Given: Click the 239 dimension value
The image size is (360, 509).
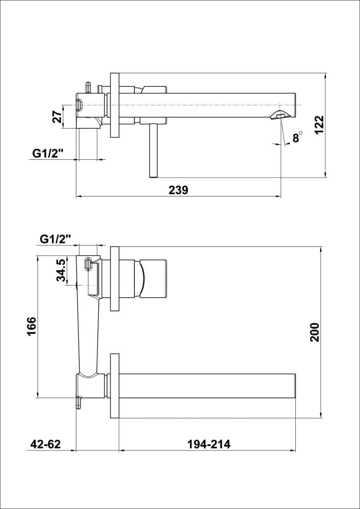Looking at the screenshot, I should coord(178,190).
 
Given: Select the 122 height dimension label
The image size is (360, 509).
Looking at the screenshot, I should coord(319,125).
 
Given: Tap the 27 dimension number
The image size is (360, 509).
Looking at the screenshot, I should coord(57,117).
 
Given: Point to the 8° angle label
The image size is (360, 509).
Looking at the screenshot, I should coord(296,137).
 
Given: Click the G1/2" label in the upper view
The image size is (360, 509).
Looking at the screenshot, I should coord(48,153).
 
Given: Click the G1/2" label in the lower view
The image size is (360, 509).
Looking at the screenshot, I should coord(56,238).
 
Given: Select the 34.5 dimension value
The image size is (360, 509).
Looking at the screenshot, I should coord(61,270).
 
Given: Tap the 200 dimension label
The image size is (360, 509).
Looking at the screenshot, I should coord(314,332).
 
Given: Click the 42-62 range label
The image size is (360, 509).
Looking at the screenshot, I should coord(45,444).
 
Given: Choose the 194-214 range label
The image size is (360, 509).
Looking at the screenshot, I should coord(209,444).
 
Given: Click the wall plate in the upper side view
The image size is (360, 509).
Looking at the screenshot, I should coord(115,105).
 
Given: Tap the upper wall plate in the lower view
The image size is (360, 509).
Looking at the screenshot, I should coord(115,278).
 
